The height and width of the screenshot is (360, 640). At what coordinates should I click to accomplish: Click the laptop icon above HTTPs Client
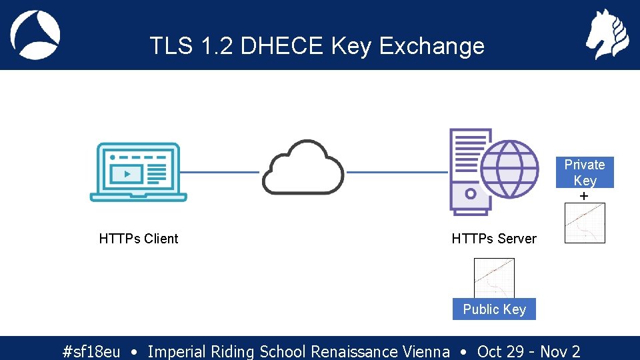coord(139,171)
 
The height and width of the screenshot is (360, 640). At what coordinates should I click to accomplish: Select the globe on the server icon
coord(510,169)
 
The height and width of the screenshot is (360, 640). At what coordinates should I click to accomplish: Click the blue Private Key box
coord(585,173)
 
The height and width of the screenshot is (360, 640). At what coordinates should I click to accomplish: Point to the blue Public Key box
coord(494,309)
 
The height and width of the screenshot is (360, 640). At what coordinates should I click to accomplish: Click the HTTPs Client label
coord(139,239)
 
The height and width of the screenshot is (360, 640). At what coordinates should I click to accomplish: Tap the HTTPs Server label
coord(494,239)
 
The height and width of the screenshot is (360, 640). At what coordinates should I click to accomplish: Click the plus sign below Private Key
coord(585,197)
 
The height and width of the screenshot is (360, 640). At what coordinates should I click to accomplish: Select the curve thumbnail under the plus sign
coord(585,223)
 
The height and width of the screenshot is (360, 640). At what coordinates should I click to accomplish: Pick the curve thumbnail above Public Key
coord(494,278)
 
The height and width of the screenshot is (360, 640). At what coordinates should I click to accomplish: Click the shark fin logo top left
coord(35,35)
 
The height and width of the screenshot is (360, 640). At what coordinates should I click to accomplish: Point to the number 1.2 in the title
coord(217,46)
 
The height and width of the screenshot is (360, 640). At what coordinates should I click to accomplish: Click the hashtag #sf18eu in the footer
coord(91,351)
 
